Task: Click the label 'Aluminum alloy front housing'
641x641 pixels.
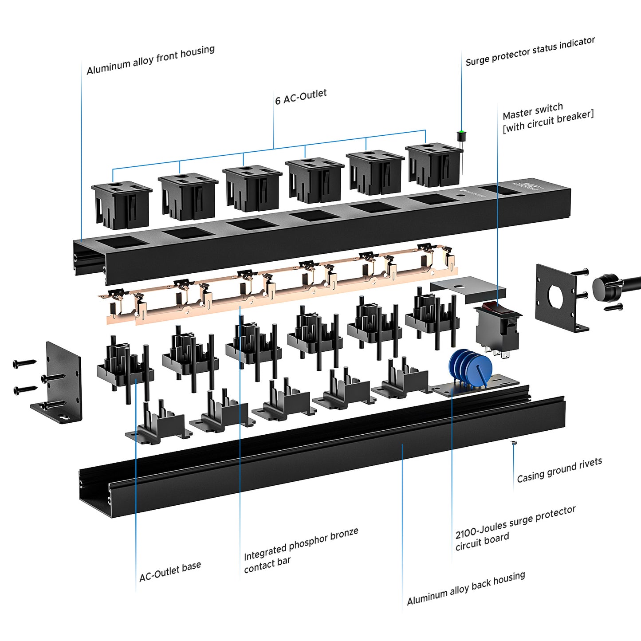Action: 150,60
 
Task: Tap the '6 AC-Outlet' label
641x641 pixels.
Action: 301,97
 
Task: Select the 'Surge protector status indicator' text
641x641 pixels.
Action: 530,51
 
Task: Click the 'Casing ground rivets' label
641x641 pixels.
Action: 559,470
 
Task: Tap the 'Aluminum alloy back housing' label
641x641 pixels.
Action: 466,588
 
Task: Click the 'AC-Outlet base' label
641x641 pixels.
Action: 170,571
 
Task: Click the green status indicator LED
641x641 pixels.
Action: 461,133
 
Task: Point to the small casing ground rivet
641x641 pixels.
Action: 513,443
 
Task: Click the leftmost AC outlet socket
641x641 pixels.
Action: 122,204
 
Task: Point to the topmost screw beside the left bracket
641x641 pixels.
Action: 24,363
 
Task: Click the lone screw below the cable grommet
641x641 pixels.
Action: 614,307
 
